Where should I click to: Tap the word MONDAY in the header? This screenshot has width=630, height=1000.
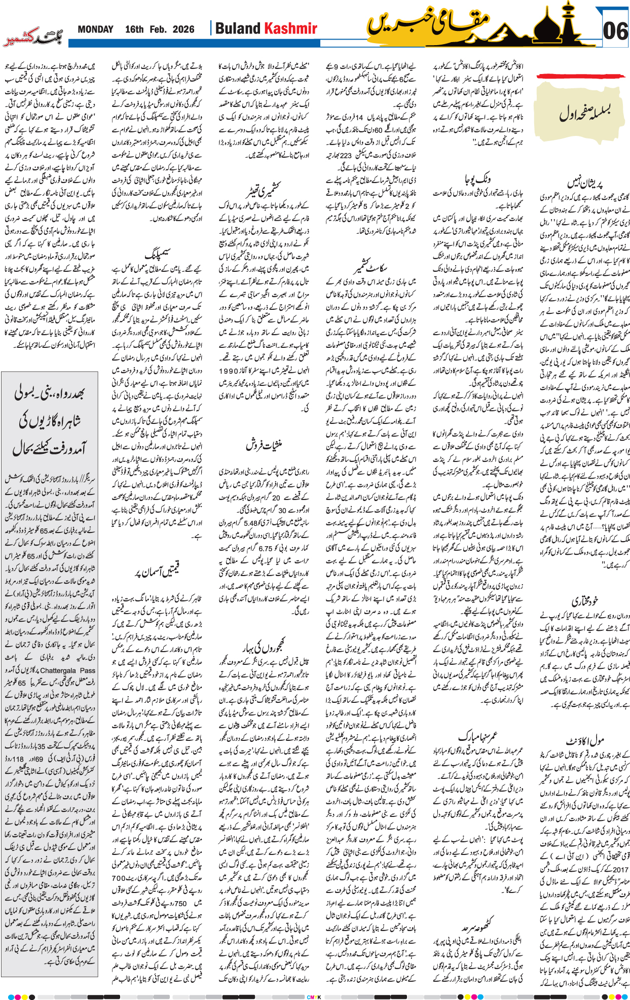click(x=95, y=29)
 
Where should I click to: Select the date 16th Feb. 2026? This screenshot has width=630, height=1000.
click(x=160, y=29)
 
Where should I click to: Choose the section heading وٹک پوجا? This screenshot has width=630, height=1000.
click(x=477, y=179)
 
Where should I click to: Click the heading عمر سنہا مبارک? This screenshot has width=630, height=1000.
click(x=477, y=736)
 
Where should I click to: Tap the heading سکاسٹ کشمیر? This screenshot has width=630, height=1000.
click(x=370, y=267)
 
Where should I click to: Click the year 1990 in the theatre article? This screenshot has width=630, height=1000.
click(x=229, y=371)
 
